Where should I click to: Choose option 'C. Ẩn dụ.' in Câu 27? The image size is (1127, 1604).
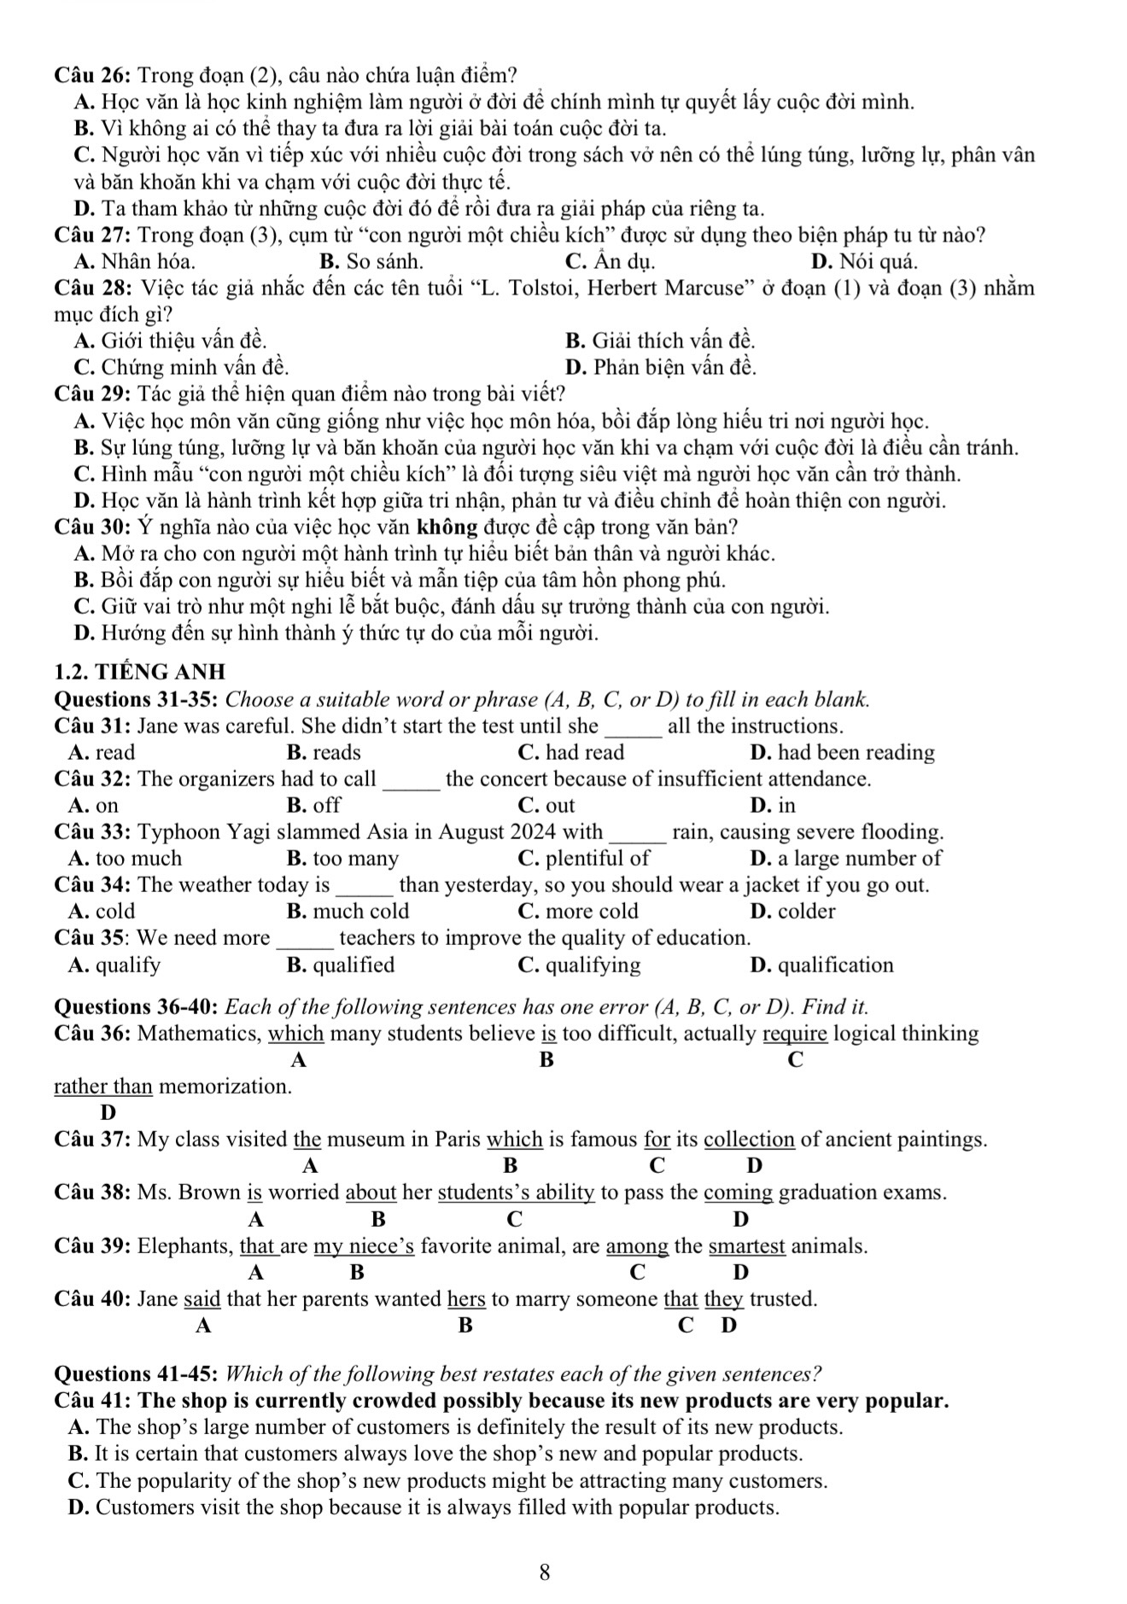(610, 261)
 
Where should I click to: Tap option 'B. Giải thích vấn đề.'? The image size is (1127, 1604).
(660, 341)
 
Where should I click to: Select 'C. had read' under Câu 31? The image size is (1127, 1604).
(570, 753)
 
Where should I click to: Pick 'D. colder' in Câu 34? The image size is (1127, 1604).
(792, 912)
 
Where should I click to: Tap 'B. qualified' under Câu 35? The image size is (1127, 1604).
(342, 965)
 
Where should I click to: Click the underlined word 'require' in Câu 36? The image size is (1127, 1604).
(795, 1034)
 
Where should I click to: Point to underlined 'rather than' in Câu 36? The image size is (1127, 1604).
(103, 1087)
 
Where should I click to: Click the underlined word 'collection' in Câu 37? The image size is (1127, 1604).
(750, 1140)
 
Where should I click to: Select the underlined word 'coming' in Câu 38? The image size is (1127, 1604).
(739, 1193)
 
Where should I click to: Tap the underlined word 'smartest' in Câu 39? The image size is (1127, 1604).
(747, 1246)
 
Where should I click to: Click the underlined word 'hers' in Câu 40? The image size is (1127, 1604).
(466, 1299)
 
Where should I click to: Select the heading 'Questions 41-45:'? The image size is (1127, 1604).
(137, 1374)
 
